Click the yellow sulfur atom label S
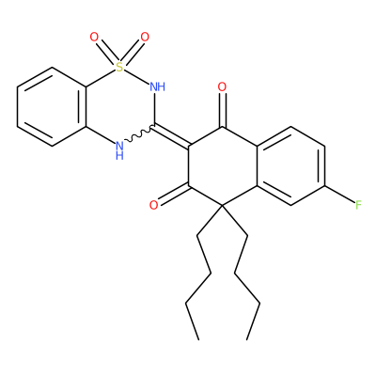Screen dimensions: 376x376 pos(119,67)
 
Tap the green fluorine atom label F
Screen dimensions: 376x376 pos(359,205)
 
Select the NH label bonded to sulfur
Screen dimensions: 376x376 pos(157,86)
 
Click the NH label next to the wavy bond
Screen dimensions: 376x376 pos(119,150)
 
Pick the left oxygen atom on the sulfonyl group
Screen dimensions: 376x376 pos(94,37)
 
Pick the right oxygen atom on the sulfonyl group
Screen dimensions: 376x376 pos(145,37)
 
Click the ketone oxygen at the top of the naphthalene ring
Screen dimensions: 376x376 pos(222,86)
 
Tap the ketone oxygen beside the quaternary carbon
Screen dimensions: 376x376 pos(154,205)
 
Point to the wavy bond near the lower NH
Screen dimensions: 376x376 pos(140,133)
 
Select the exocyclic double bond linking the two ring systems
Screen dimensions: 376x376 pos(172,135)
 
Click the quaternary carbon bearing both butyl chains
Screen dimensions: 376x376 pos(222,206)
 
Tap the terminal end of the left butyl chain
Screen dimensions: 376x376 pos(198,339)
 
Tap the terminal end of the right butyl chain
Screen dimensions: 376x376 pos(247,339)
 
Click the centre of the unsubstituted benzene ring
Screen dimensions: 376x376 pos(52,106)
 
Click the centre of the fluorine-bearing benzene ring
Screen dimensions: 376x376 pos(290,166)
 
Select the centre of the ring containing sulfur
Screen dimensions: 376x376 pos(120,106)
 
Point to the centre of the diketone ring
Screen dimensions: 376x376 pos(222,166)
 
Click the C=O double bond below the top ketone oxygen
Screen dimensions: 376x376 pos(222,110)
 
